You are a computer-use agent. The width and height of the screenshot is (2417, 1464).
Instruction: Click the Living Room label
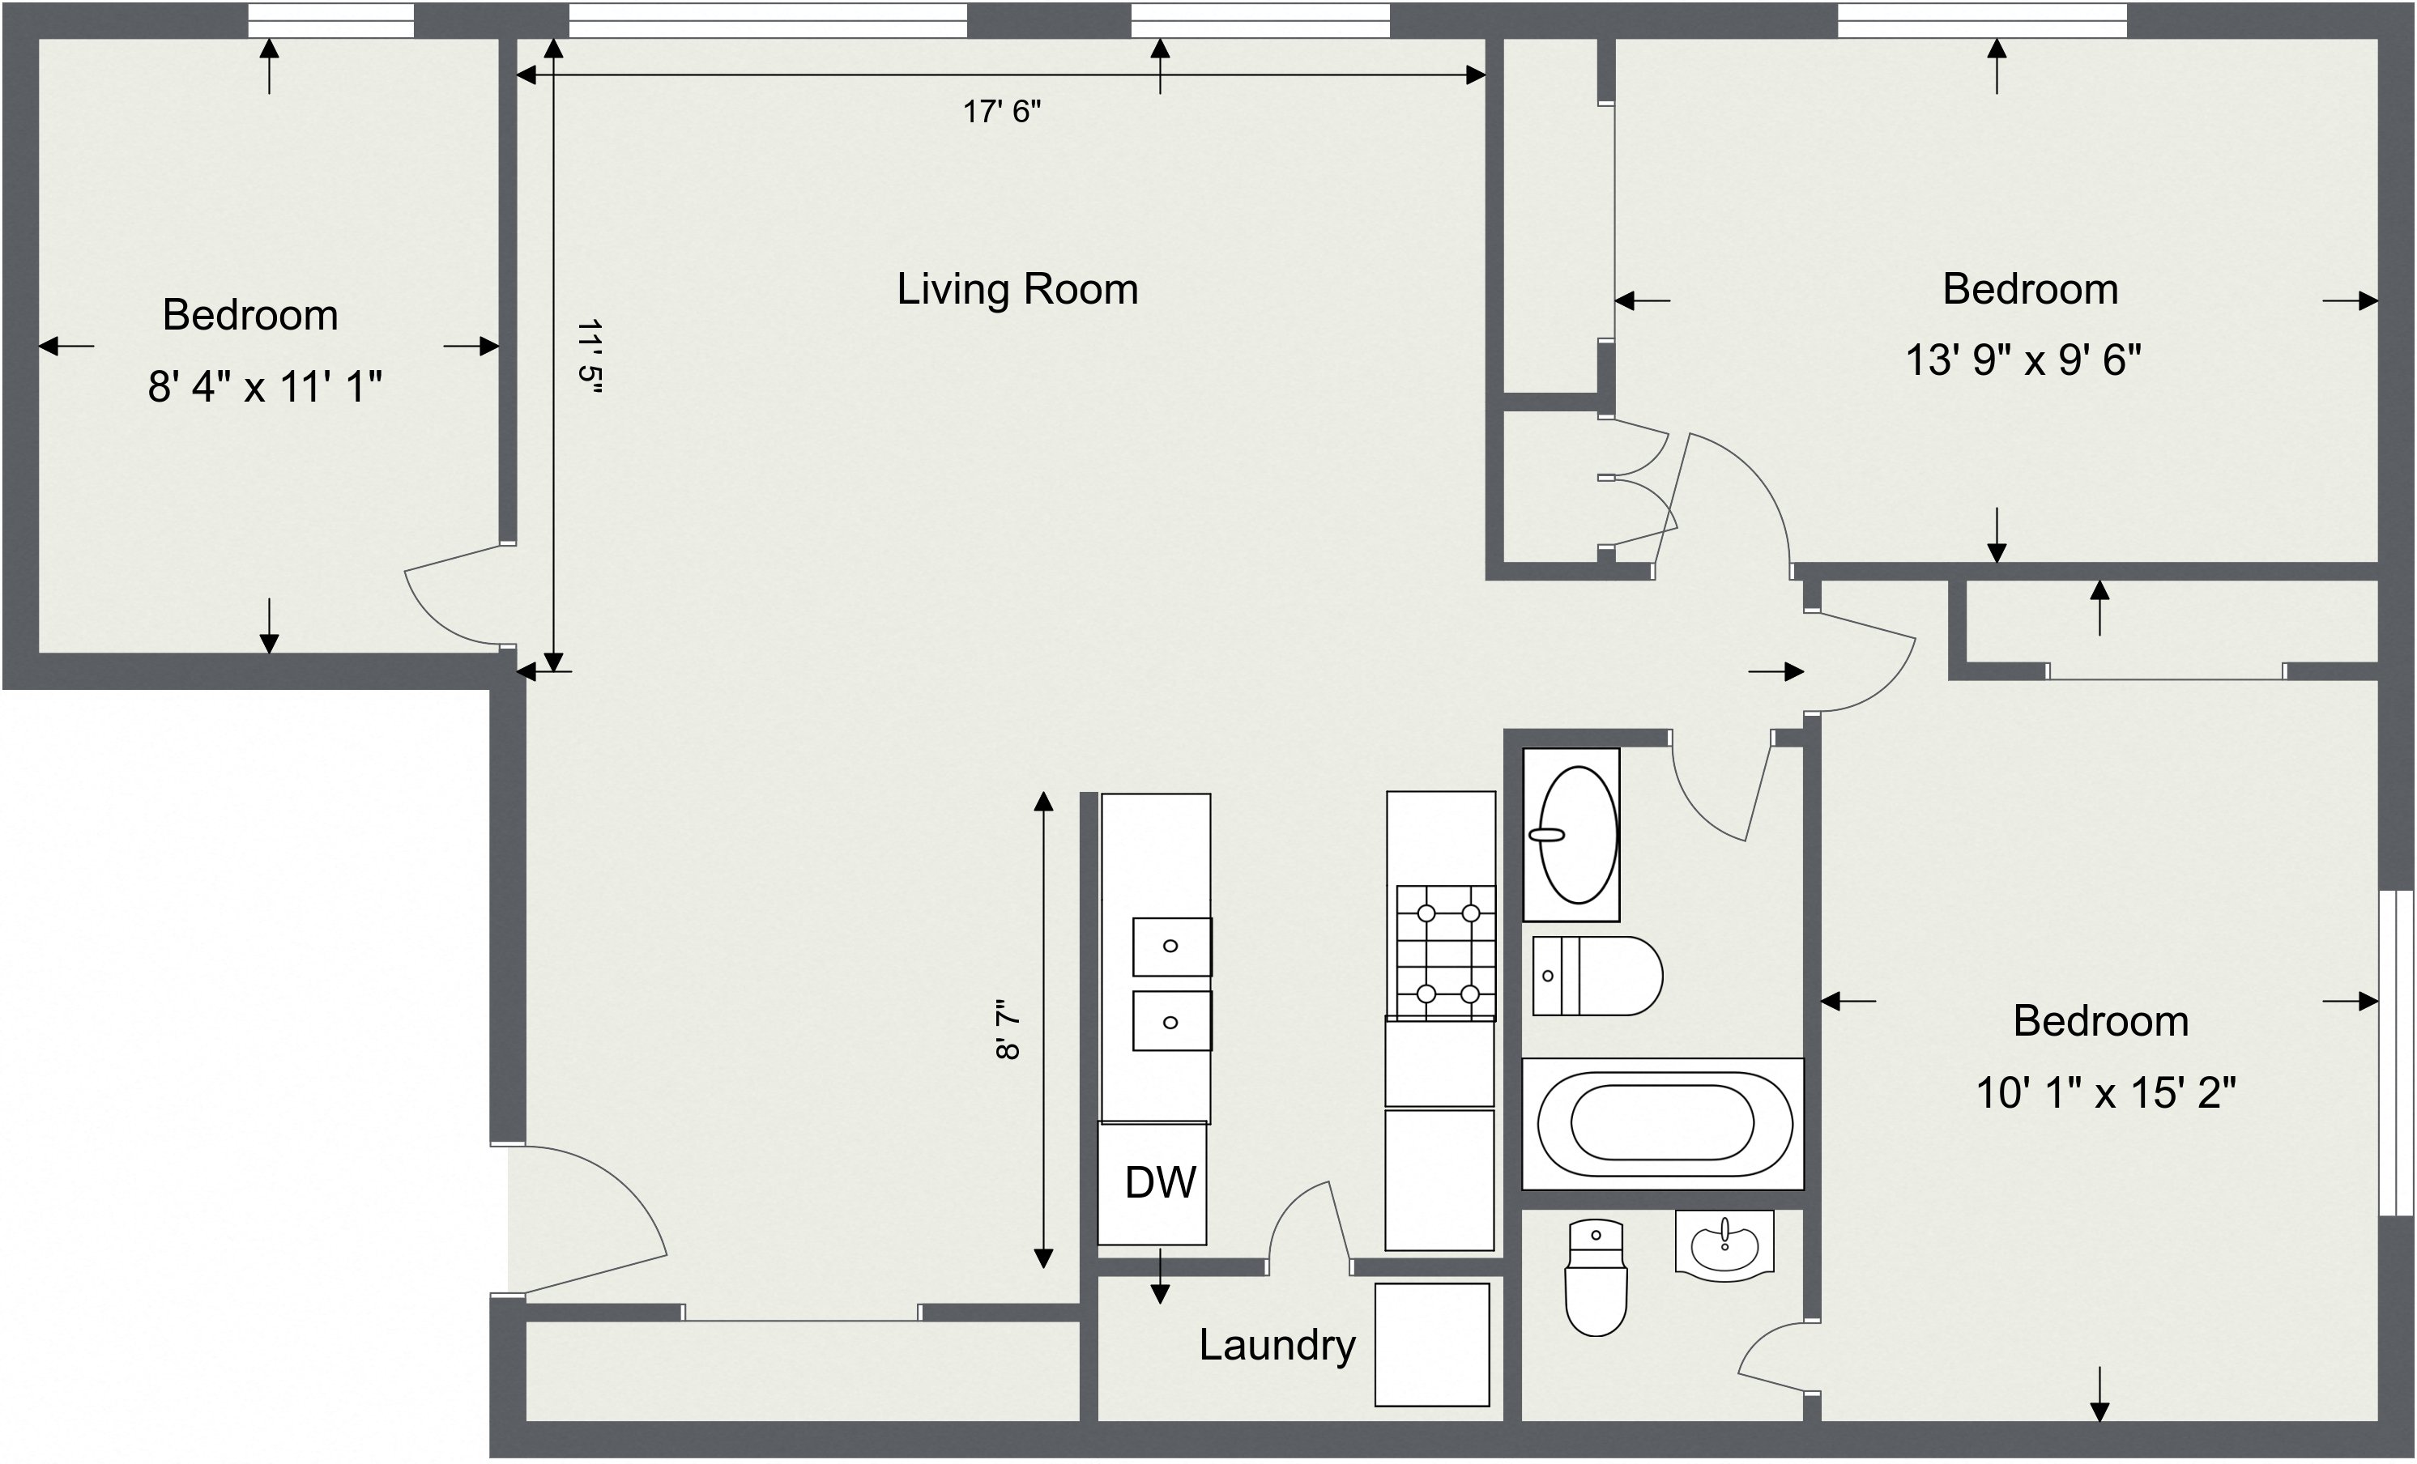(1017, 289)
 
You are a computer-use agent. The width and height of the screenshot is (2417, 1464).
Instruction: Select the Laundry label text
(1277, 1344)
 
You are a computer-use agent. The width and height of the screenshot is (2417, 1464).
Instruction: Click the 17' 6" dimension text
(1000, 112)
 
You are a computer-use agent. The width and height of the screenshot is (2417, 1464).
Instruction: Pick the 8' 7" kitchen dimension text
(1008, 1030)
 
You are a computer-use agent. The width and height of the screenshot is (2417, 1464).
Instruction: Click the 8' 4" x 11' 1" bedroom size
(264, 386)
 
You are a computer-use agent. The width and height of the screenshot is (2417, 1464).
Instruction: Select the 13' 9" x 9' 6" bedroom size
(2023, 360)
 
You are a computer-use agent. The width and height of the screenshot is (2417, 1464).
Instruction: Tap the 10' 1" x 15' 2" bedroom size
(2105, 1092)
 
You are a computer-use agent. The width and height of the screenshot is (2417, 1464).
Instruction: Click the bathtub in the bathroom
(1663, 1123)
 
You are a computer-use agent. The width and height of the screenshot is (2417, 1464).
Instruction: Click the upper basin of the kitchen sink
(1171, 947)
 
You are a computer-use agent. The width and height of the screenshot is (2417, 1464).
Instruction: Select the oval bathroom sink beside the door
(1577, 835)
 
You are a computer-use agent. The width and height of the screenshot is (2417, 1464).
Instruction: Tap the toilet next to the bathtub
(1597, 976)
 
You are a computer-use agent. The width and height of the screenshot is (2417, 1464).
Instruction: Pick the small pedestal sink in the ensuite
(1724, 1245)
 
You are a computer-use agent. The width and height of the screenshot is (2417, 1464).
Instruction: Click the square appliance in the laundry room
(1431, 1344)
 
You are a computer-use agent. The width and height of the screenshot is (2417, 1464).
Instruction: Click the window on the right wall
(2395, 1053)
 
